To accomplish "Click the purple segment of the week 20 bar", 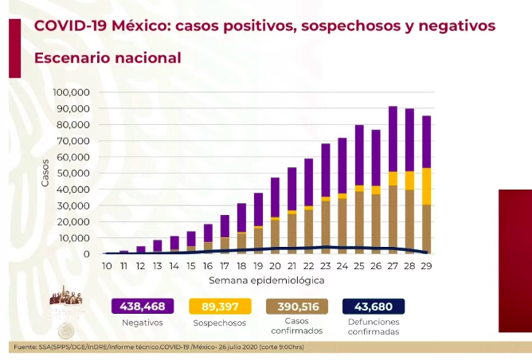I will [x=275, y=197].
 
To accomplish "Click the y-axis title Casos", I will [x=45, y=173].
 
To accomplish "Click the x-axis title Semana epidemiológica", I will [x=266, y=281].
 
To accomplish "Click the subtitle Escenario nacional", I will [x=108, y=58].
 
